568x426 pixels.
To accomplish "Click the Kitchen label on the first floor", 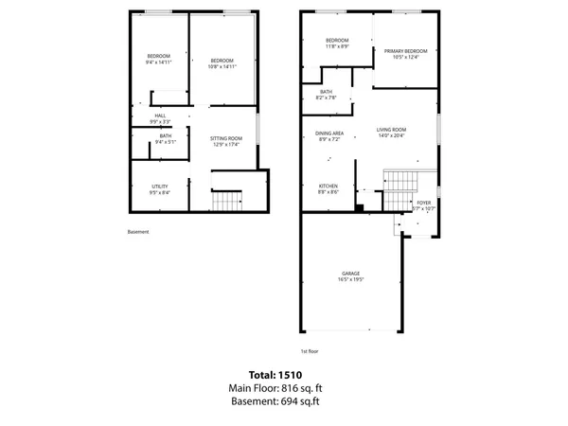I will click(x=328, y=187).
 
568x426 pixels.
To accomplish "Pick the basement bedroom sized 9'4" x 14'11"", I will click(x=158, y=59).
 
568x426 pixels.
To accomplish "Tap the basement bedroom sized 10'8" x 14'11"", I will click(x=222, y=62).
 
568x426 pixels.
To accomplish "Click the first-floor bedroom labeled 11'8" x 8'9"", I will click(x=337, y=43).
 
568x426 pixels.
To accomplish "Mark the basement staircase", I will click(x=226, y=201).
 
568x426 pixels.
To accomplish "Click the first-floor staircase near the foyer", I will click(x=399, y=179).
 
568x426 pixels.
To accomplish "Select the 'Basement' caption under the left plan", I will click(x=138, y=232).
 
